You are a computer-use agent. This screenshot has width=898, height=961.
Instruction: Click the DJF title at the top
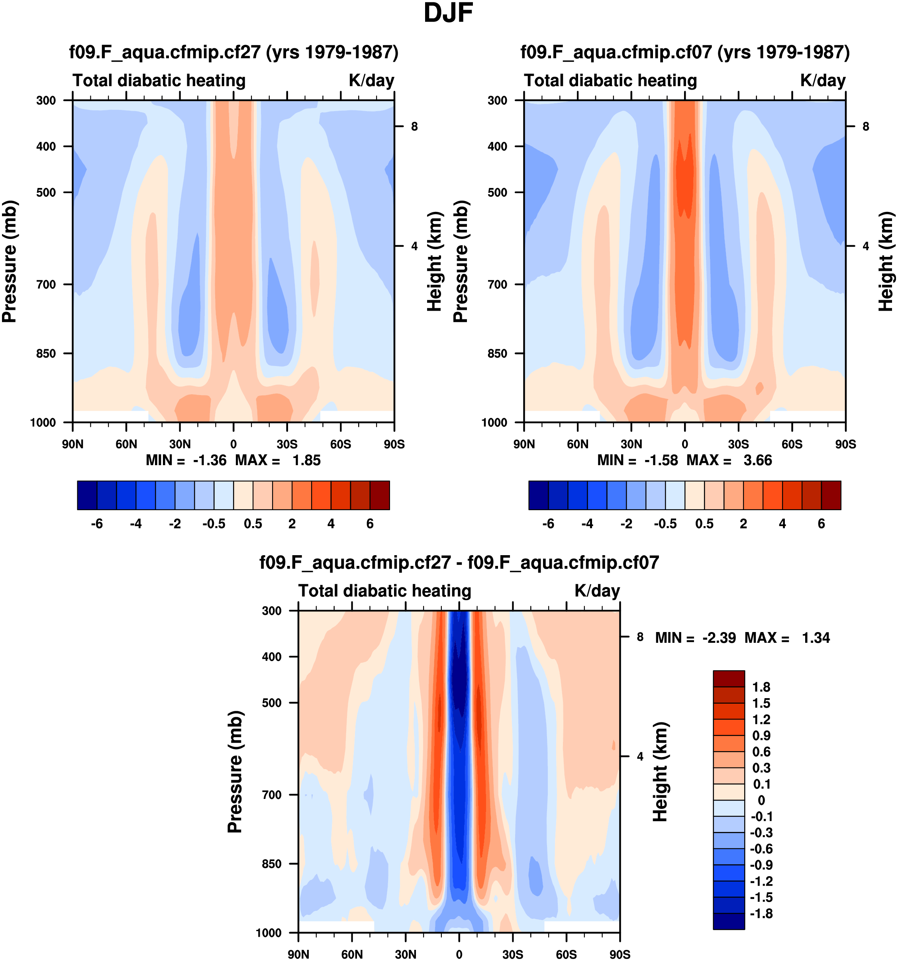coord(448,13)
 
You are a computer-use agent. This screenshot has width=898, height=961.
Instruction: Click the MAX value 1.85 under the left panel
coord(306,460)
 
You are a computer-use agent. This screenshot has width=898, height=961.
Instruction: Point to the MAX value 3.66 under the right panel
coord(758,460)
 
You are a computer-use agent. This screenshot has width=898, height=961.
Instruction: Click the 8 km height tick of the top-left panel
coord(414,127)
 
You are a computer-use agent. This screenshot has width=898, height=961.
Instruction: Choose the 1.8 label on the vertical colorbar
coord(761,687)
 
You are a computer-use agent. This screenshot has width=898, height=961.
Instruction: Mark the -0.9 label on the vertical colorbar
coord(761,865)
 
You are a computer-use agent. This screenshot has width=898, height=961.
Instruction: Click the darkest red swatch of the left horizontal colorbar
coord(380,495)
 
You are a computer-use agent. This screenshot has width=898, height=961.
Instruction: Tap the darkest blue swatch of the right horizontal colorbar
coord(538,495)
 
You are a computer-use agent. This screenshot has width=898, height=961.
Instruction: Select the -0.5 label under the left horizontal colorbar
coord(214,524)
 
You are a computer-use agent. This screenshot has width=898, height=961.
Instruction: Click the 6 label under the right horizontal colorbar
coord(821,524)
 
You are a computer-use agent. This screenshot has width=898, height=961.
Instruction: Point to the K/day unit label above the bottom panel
coord(597,591)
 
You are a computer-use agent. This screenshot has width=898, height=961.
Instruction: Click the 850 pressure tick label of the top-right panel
coord(498,354)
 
